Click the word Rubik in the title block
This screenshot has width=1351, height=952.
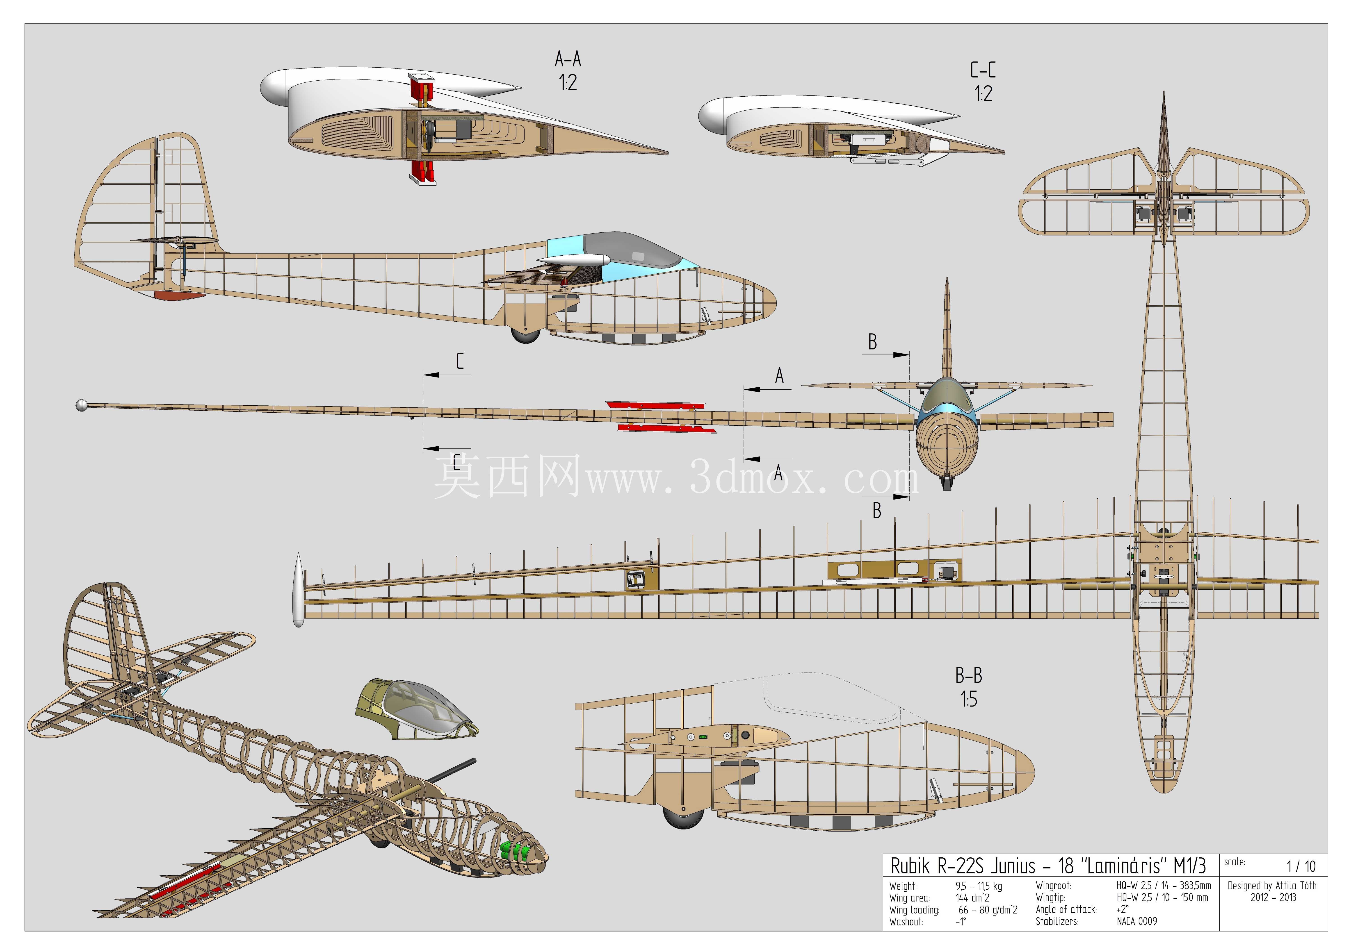[x=910, y=866]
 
